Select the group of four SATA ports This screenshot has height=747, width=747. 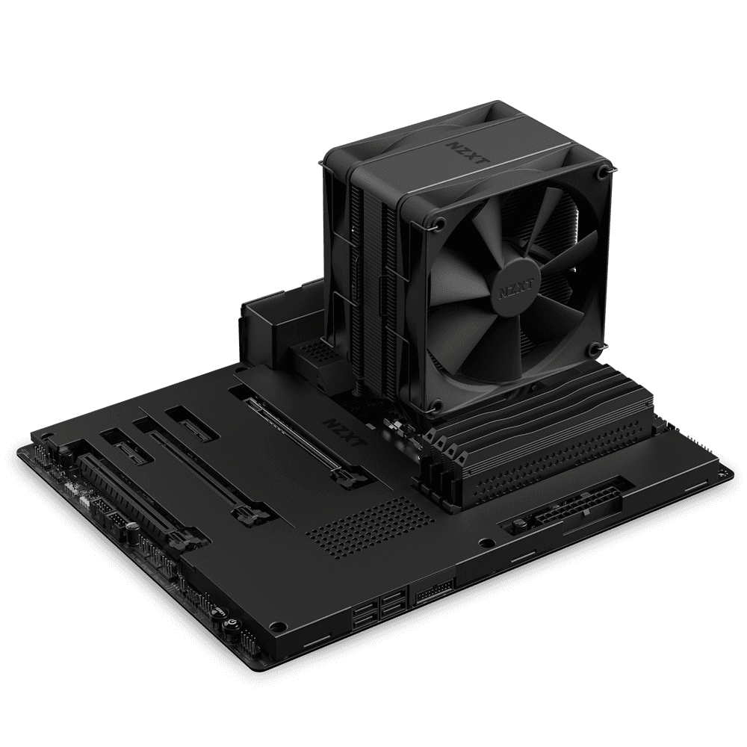(x=381, y=604)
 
